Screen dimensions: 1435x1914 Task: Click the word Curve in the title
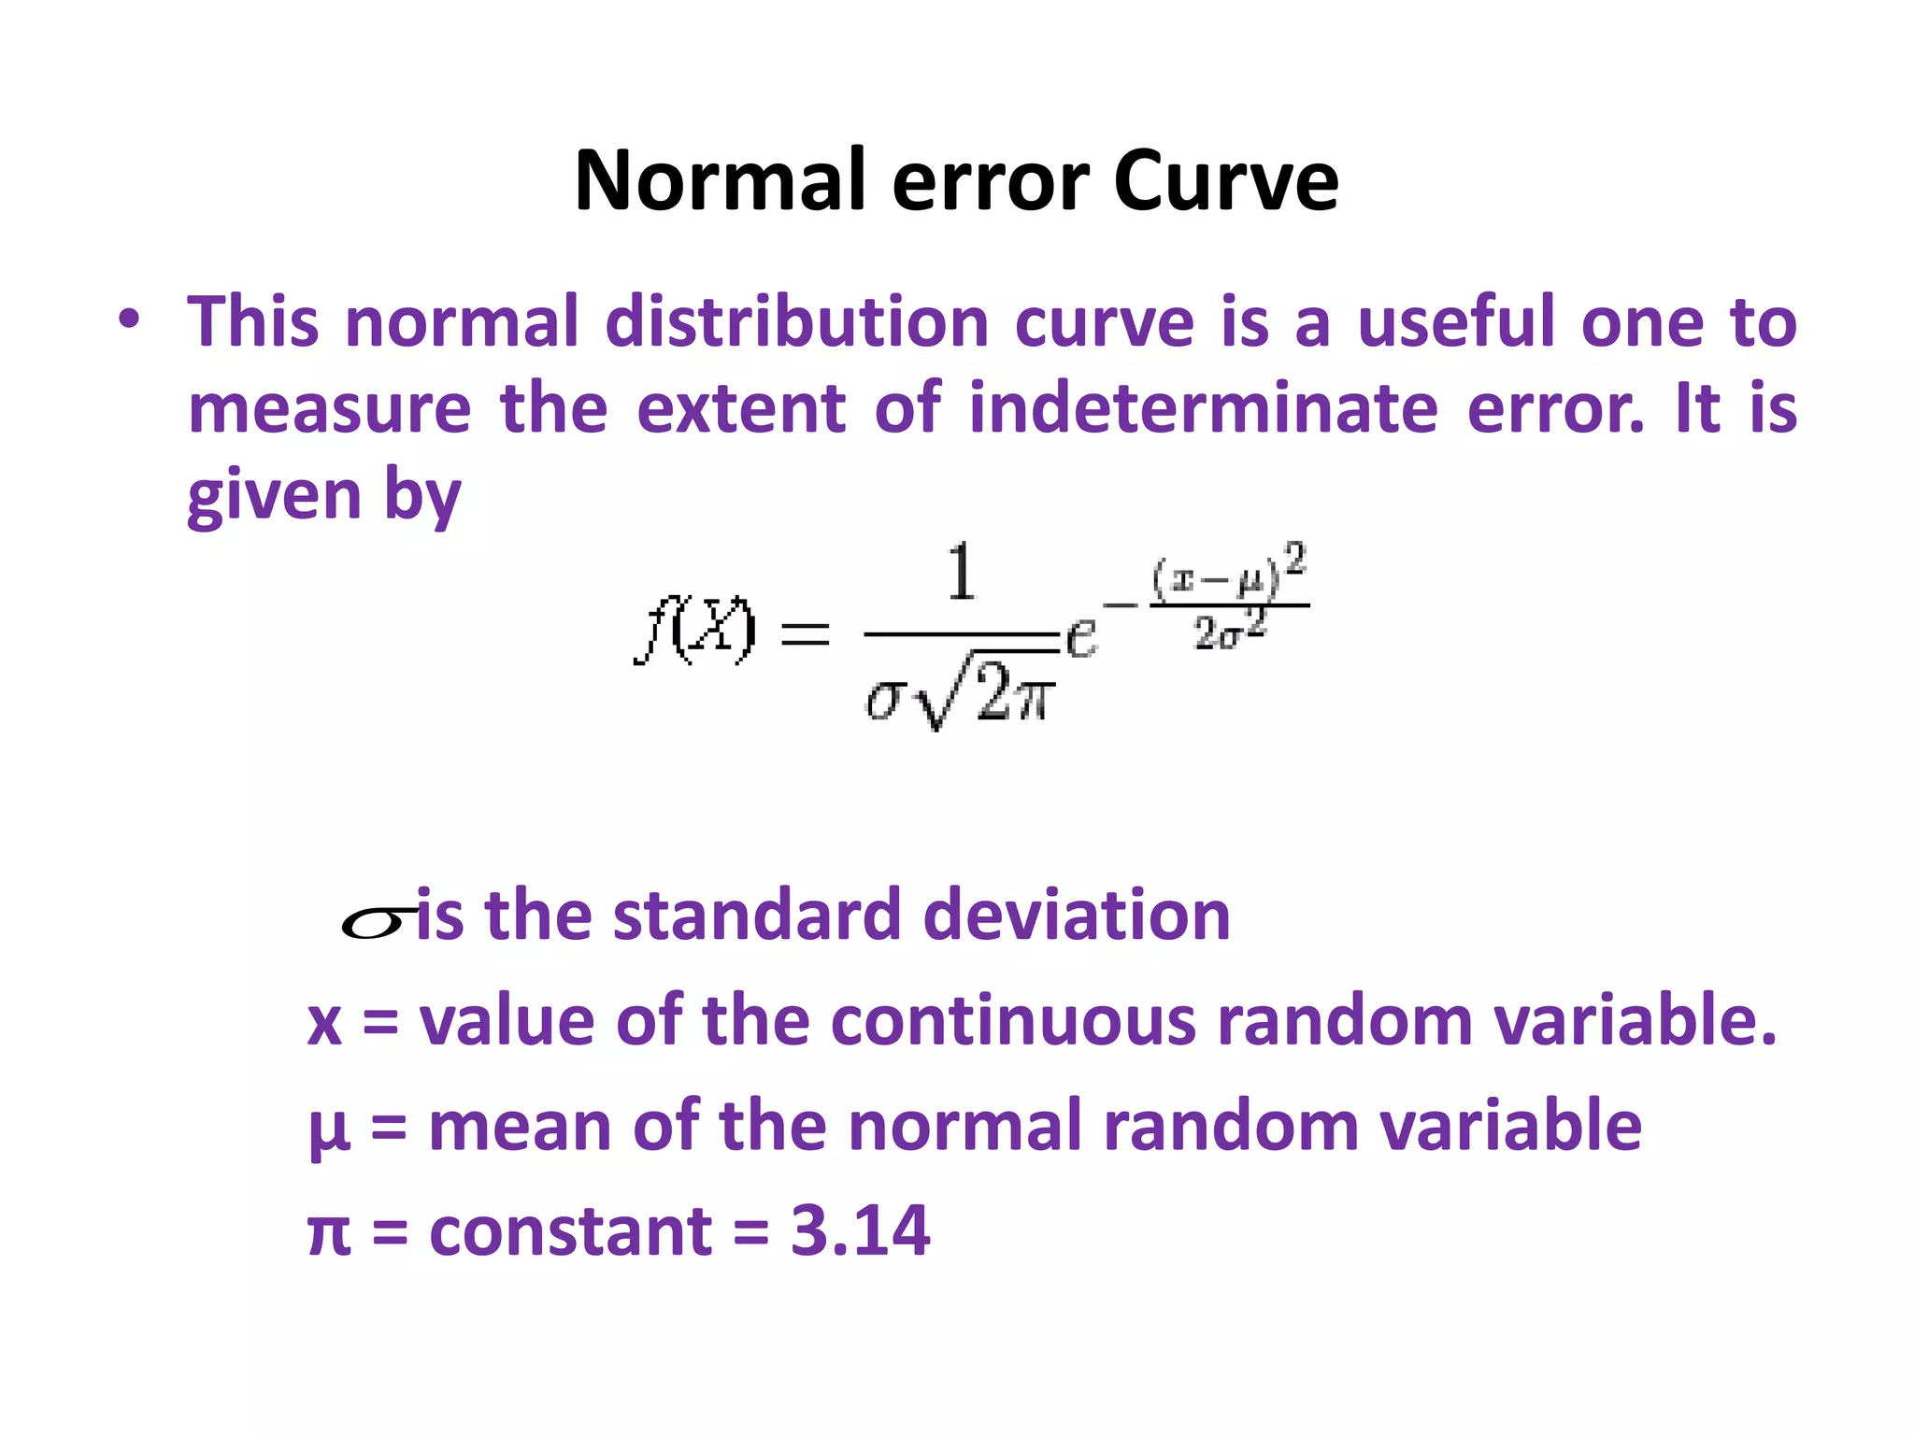click(1225, 180)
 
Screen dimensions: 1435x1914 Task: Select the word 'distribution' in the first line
click(797, 322)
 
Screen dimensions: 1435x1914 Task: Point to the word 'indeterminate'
click(1203, 409)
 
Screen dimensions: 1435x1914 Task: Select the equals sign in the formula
click(805, 635)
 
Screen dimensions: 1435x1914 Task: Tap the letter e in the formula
click(1081, 638)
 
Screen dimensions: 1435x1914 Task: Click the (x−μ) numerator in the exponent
click(1216, 579)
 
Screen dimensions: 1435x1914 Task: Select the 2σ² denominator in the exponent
click(1230, 632)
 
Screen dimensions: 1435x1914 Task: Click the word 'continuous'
click(1013, 1020)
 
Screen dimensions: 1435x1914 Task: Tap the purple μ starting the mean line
click(329, 1130)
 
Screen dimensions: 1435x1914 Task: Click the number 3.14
click(860, 1230)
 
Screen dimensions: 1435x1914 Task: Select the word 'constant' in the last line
click(571, 1230)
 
